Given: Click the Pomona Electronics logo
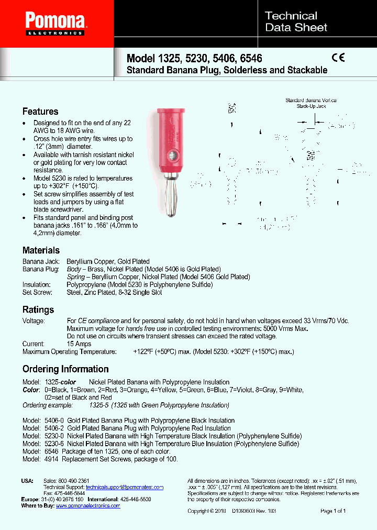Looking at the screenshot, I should coord(56,24).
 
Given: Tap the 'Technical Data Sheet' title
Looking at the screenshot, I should coord(296,22).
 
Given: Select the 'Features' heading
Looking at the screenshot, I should coord(40,112).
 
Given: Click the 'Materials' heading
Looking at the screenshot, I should coord(41,250).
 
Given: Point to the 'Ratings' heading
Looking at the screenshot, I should coord(38,310).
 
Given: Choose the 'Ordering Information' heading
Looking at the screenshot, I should coord(65,369).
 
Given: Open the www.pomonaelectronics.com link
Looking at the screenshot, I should coord(88,506).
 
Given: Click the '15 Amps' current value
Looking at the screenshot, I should coord(79,344).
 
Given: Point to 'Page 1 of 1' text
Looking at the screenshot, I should coord(333,511).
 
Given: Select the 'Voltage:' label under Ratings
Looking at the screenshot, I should coord(34,321).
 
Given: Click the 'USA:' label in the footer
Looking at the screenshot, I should coord(27,481).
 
